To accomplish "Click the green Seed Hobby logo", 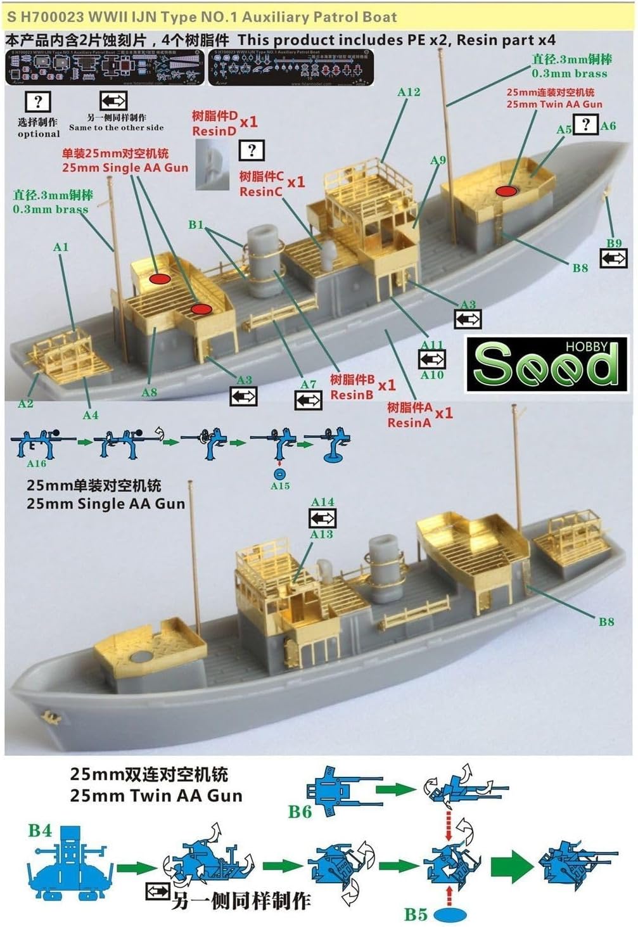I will (x=546, y=364).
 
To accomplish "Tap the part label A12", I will (x=409, y=93).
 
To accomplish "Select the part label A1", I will (x=61, y=247).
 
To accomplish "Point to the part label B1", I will (x=196, y=225).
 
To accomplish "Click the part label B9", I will (x=613, y=243).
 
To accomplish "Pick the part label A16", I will (x=36, y=464).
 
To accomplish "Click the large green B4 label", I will (x=40, y=830).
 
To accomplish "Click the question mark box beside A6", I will (x=586, y=124).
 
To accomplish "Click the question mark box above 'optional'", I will (x=38, y=102).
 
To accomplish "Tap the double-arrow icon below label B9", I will (x=613, y=259).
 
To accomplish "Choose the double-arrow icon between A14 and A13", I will (x=322, y=518).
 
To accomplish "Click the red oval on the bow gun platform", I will (x=505, y=191).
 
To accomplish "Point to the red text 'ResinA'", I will (x=409, y=423).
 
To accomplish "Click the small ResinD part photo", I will (x=212, y=163).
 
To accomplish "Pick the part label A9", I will (x=438, y=160).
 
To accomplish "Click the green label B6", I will (x=300, y=811).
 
